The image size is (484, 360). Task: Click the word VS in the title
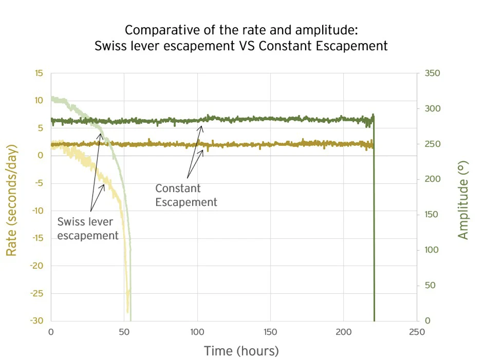pos(247,46)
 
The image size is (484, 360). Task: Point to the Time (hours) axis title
pos(241,351)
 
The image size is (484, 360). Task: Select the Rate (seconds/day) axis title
pos(12,200)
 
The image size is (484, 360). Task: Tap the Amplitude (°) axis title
pos(463,199)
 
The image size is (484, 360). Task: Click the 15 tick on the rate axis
pos(39,73)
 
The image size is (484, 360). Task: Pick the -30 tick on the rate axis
pos(37,321)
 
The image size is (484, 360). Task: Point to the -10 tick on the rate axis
pos(37,211)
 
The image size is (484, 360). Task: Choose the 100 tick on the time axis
pos(197,332)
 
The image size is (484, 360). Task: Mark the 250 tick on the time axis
pos(417,332)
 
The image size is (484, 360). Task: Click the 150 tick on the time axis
pos(271,332)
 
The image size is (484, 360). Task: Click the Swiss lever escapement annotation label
pos(88,229)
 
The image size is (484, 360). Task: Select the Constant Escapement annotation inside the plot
pos(186,195)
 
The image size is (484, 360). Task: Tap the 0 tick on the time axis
pos(51,332)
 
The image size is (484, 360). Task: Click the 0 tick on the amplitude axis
pos(427,321)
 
